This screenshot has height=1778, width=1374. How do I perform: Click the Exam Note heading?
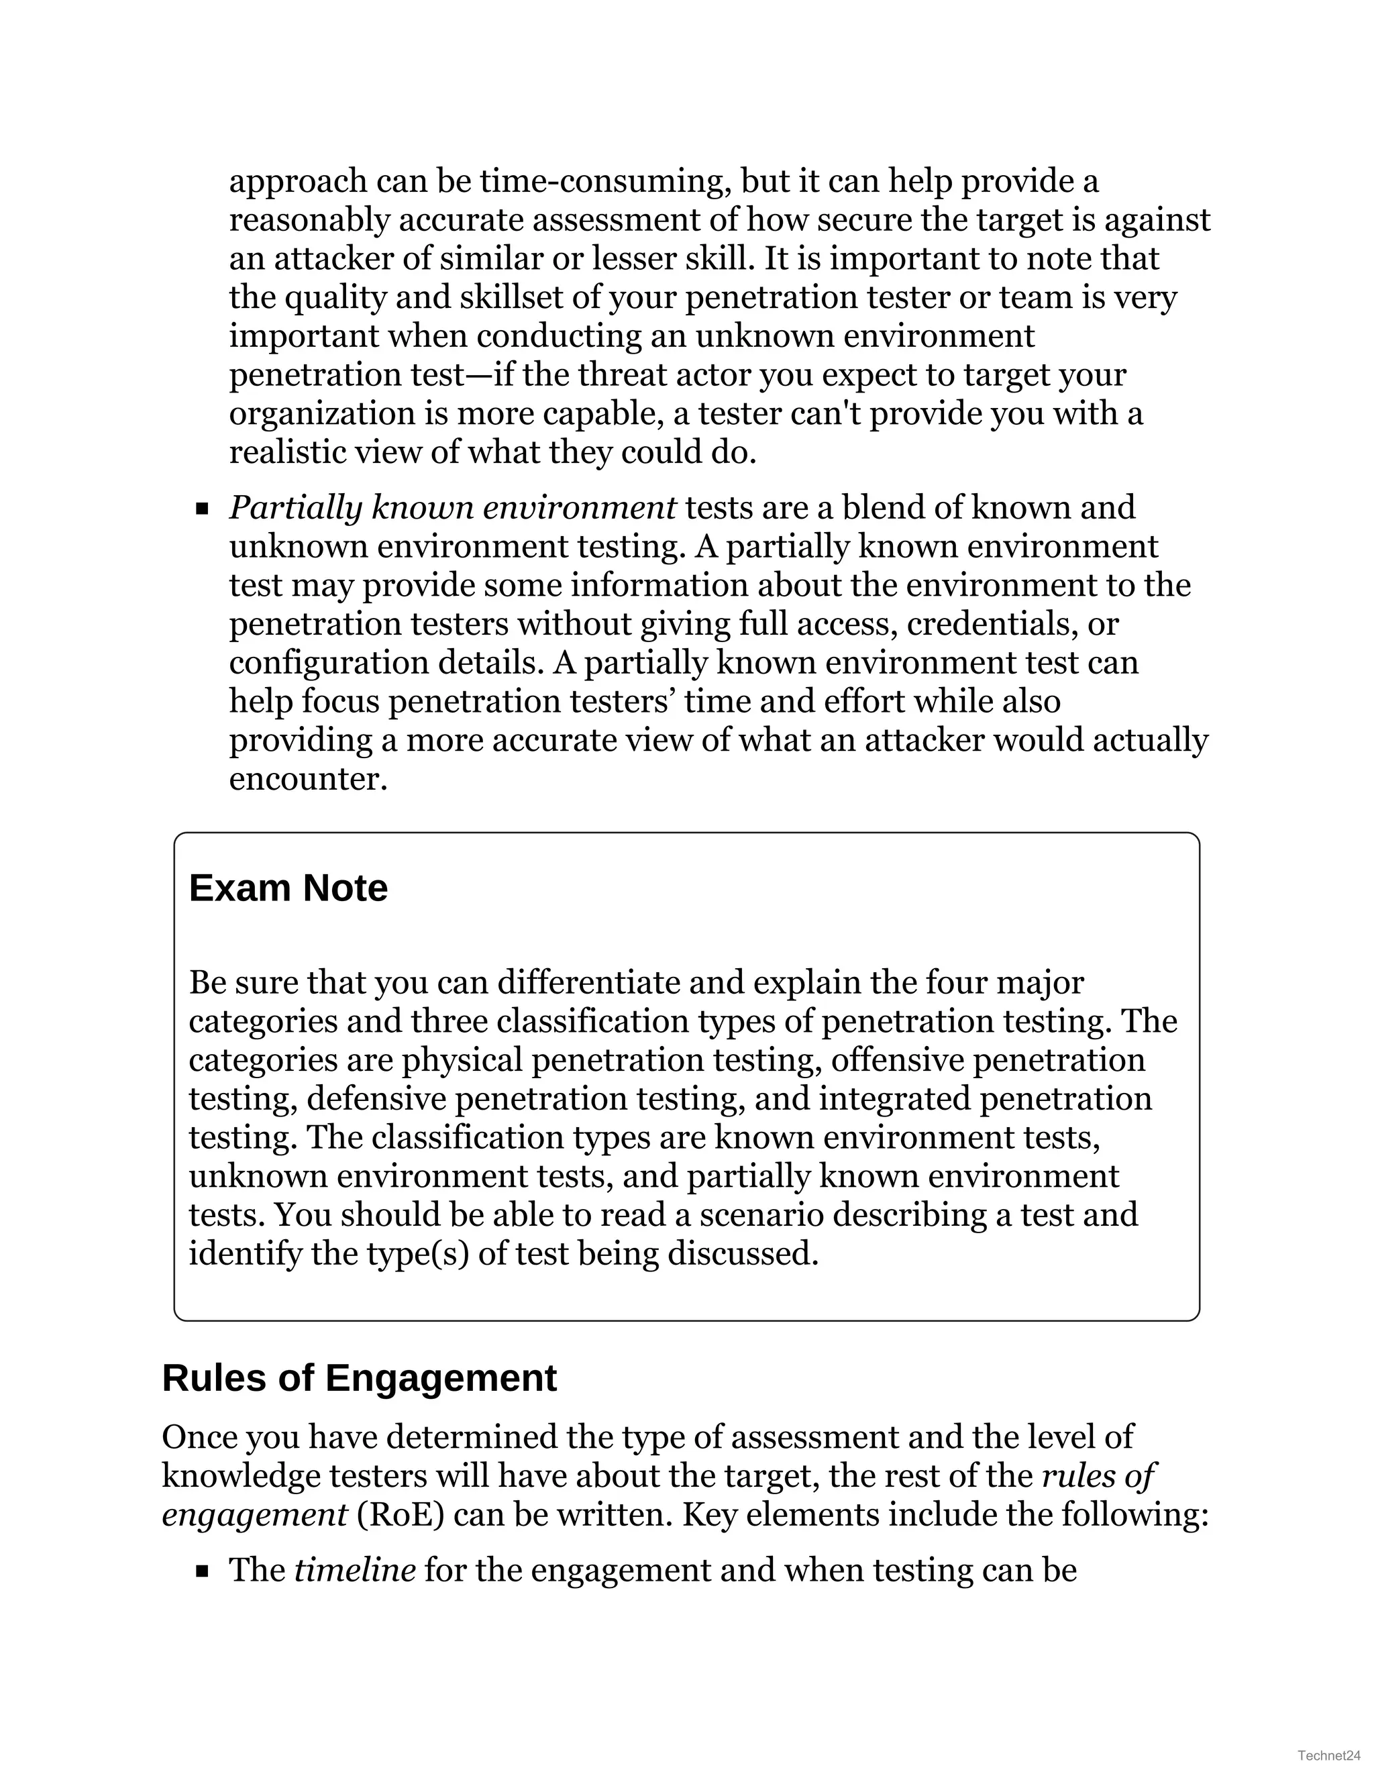(288, 888)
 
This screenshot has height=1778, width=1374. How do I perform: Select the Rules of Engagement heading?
(359, 1378)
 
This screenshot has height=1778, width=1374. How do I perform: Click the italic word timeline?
(355, 1571)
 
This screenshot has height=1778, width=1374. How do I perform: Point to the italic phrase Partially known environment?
(452, 508)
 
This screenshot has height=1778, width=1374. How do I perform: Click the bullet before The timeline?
(202, 1572)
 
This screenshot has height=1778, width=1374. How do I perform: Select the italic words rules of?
(1099, 1476)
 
